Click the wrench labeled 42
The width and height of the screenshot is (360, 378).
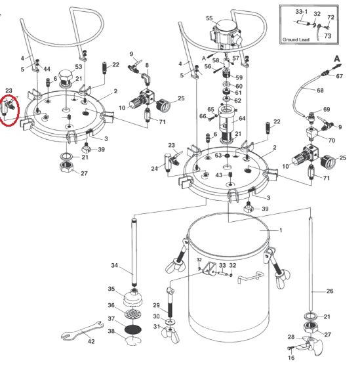click(x=82, y=331)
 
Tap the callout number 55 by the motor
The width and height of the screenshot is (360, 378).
click(x=209, y=18)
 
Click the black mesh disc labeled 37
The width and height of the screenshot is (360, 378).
click(x=132, y=329)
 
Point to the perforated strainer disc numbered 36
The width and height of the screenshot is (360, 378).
click(x=133, y=314)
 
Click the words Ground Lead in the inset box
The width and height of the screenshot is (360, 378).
click(x=296, y=39)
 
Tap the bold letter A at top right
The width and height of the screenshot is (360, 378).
click(x=337, y=58)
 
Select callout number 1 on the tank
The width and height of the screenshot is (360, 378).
click(x=281, y=230)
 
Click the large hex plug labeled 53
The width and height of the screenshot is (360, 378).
click(x=66, y=77)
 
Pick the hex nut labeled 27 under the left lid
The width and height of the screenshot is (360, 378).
click(x=67, y=167)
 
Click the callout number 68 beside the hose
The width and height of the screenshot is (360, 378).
click(x=320, y=91)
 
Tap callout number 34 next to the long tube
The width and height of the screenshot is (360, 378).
click(x=115, y=265)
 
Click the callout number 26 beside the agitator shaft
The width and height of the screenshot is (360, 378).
click(x=330, y=291)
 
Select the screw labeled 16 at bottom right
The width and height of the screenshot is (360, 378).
click(x=291, y=348)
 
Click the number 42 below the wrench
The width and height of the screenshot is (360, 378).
click(x=91, y=341)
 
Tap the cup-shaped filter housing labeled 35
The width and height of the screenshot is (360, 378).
click(x=133, y=298)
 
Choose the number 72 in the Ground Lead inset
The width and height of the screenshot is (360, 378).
click(x=331, y=17)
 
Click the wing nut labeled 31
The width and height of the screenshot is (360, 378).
click(x=170, y=335)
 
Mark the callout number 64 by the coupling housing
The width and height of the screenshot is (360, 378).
click(x=242, y=118)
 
